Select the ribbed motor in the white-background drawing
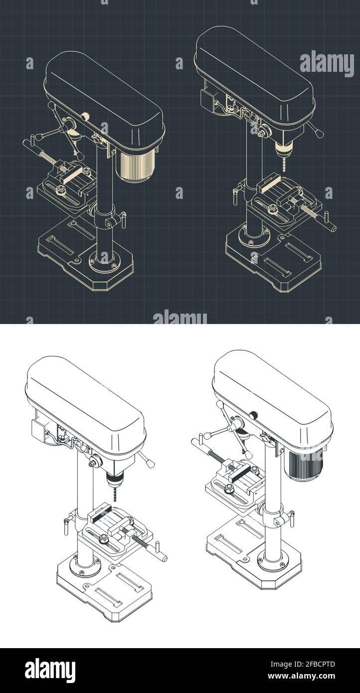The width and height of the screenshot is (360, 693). [x=302, y=464]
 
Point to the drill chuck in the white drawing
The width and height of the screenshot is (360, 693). [x=115, y=480]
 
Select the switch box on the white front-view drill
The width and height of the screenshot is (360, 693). [x=39, y=429]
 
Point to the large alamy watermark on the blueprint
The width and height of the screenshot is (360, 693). [x=327, y=63]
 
